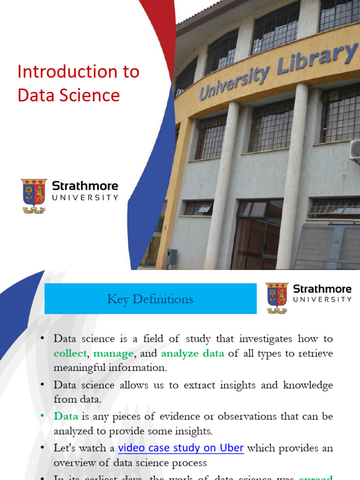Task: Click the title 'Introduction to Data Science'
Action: click(78, 83)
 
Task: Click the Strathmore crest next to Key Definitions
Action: click(277, 298)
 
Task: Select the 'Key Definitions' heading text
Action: click(150, 299)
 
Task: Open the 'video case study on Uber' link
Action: click(181, 448)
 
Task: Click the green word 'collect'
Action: click(70, 353)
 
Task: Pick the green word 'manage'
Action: click(113, 353)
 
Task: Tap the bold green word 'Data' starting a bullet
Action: click(66, 416)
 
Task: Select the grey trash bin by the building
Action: click(172, 257)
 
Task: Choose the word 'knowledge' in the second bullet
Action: click(307, 385)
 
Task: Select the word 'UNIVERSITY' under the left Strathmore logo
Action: click(85, 198)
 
